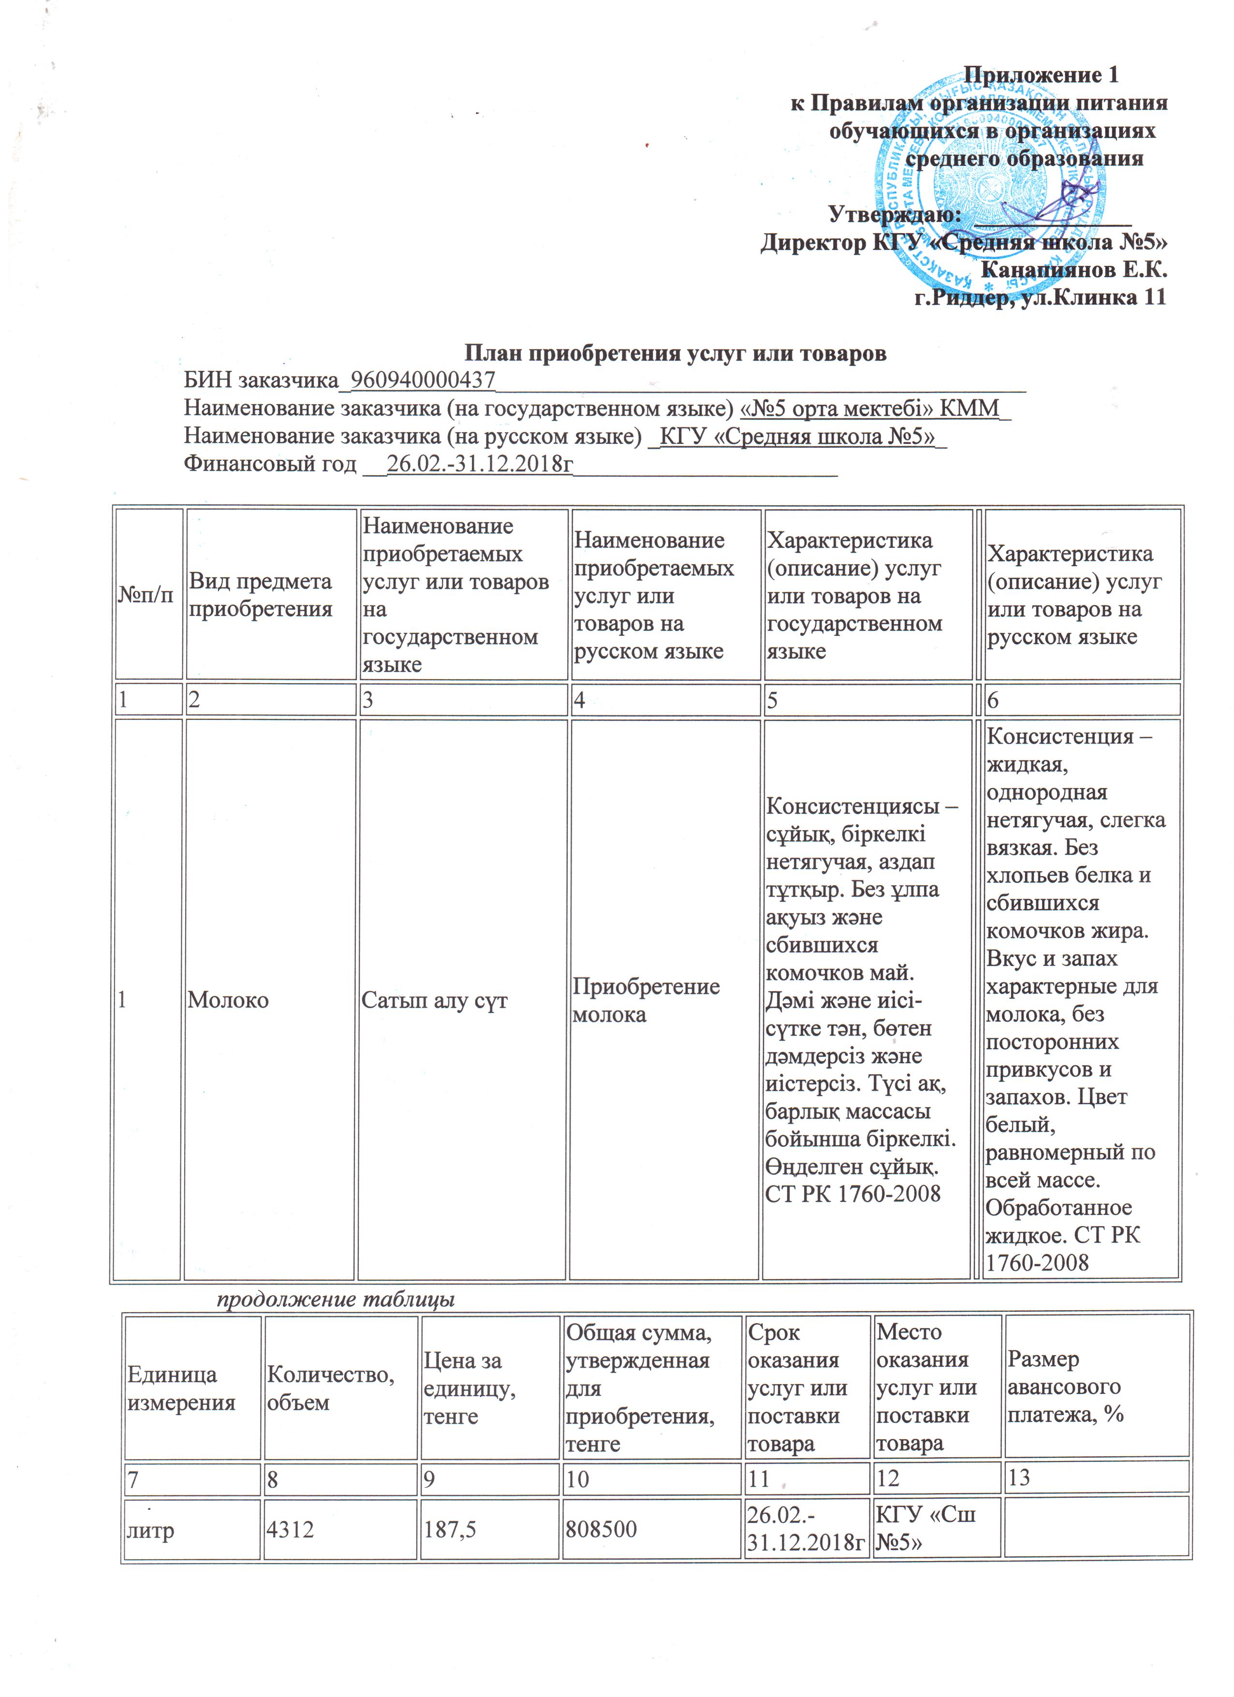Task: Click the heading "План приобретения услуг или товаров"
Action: [x=675, y=352]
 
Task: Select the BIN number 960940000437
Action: [x=423, y=381]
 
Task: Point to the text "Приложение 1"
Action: [x=1040, y=75]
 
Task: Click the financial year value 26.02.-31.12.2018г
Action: [x=480, y=464]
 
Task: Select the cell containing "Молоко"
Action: [x=228, y=1000]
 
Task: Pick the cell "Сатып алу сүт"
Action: [x=434, y=1000]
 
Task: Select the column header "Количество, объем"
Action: [x=330, y=1388]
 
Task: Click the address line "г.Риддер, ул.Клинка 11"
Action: [x=1040, y=298]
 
